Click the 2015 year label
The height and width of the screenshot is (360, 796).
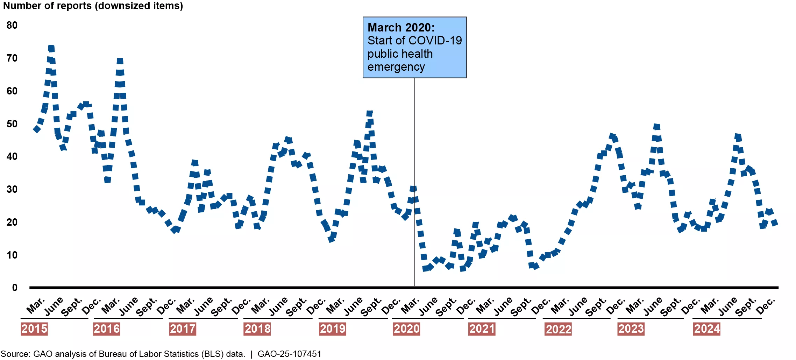(x=34, y=329)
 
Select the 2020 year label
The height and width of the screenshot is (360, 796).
(x=406, y=329)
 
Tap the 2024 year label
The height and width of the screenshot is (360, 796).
(x=707, y=329)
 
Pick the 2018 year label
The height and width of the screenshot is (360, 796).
(x=257, y=329)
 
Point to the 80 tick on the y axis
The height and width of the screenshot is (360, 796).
(x=12, y=25)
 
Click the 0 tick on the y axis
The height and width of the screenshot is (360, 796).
(x=15, y=288)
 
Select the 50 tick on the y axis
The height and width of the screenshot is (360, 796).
(x=12, y=124)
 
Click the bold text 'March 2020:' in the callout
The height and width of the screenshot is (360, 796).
(x=401, y=27)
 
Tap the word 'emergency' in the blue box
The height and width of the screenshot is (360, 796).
(x=396, y=67)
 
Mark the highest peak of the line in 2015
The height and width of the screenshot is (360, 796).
(x=51, y=48)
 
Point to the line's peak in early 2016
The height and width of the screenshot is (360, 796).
(x=120, y=61)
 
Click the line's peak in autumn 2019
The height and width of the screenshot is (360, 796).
(x=369, y=113)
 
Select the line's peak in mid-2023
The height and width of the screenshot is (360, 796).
(x=656, y=126)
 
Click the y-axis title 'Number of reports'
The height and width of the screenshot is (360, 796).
(x=47, y=6)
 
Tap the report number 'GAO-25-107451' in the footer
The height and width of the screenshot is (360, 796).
(x=289, y=354)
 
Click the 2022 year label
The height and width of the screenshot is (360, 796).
(x=558, y=329)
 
